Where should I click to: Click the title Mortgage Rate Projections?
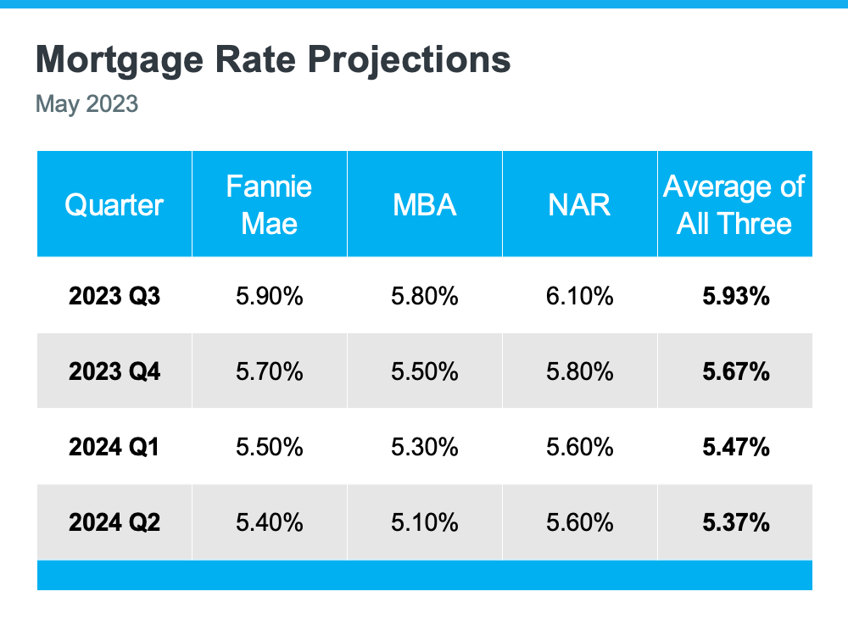[273, 60]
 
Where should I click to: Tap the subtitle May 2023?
[86, 105]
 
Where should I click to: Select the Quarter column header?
[114, 204]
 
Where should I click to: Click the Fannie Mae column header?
[269, 204]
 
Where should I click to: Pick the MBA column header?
[425, 204]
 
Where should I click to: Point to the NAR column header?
[579, 204]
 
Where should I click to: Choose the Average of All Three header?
[734, 204]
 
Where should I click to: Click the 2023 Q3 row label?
[114, 296]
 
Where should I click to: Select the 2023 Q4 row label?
[114, 371]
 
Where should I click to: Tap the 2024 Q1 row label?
[114, 447]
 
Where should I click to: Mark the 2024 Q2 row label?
[114, 522]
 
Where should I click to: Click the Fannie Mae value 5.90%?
[269, 296]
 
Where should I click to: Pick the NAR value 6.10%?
[579, 296]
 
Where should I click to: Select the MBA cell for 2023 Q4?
[425, 371]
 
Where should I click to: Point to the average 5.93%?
[735, 296]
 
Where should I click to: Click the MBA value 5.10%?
[425, 522]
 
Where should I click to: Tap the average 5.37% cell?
[735, 522]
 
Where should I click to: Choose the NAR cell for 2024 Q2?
[579, 522]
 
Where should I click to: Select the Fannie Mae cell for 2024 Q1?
[269, 447]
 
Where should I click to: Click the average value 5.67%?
[735, 371]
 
